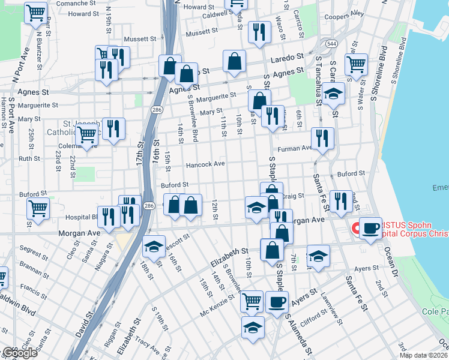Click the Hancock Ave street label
click(x=205, y=164)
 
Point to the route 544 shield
click(x=331, y=44)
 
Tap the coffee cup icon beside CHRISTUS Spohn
click(x=371, y=227)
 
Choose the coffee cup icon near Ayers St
click(x=277, y=301)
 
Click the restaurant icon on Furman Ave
click(x=322, y=139)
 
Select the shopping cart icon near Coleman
click(x=87, y=136)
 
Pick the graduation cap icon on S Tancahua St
click(x=333, y=93)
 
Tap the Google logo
click(x=19, y=353)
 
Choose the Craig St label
click(x=294, y=196)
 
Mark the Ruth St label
click(x=29, y=159)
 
